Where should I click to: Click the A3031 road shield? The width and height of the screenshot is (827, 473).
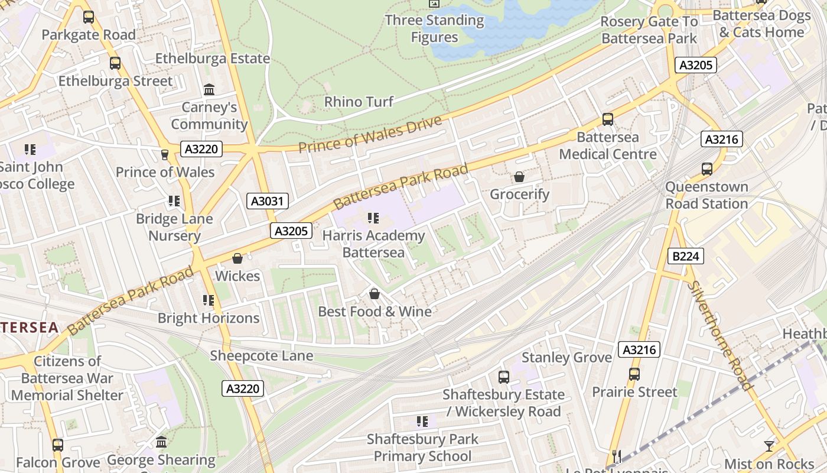coord(268,201)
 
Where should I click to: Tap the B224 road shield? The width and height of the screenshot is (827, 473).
coord(686,256)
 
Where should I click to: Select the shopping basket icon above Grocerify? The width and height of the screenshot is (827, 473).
coord(519,177)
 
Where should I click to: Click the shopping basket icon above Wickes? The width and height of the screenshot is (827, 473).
coord(237,258)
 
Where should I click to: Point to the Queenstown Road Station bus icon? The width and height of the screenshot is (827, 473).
coord(706,169)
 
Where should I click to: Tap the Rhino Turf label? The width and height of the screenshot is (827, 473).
coord(359,102)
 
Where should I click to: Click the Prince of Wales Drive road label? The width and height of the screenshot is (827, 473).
coord(370,135)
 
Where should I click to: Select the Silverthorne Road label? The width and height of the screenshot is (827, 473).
coord(719,335)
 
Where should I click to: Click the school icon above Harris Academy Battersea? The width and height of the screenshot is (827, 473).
coord(373,218)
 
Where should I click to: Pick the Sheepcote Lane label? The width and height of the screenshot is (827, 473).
coord(262,356)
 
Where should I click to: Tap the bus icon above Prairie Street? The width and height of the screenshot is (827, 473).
coord(634,374)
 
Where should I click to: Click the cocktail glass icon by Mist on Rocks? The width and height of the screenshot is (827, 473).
coord(769,446)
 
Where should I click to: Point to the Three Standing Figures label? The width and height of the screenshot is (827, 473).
coord(435,28)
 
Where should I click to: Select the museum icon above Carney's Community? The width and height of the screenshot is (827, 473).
coord(209,90)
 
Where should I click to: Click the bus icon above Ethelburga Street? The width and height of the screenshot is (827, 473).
coord(115,63)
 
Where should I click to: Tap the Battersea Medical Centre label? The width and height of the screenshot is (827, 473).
coord(608,145)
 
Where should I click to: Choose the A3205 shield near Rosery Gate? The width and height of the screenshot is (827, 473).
coord(696,65)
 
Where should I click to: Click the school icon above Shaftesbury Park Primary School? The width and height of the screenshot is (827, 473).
coord(422,422)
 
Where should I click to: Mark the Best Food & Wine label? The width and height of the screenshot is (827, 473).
coord(375,312)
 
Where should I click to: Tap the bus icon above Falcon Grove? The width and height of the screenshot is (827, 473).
coord(57,445)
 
